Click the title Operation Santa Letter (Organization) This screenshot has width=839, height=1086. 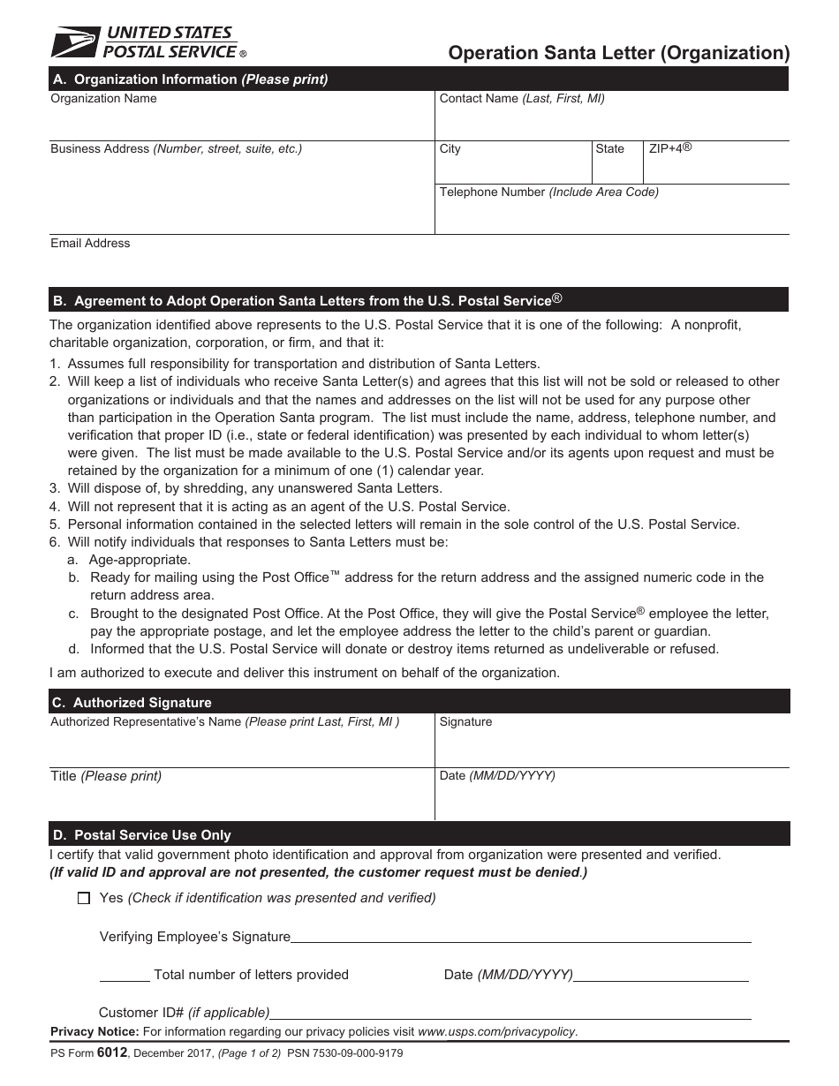pos(618,53)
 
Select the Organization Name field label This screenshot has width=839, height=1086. pos(103,99)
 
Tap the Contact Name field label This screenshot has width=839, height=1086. pos(522,99)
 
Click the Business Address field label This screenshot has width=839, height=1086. pos(176,149)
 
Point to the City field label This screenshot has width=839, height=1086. pos(450,149)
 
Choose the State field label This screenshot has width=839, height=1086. pos(609,149)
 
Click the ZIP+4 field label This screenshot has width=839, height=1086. pos(669,148)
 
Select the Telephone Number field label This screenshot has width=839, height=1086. pos(548,192)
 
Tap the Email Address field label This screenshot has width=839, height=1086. pos(90,244)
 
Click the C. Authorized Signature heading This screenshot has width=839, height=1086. pos(132,703)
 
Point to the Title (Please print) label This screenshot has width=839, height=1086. pos(106,777)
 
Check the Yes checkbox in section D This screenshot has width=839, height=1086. pos(84,899)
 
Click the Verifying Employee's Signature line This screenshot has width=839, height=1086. pos(521,938)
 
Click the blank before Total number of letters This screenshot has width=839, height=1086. pos(125,977)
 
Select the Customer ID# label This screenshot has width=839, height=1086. pos(184,1013)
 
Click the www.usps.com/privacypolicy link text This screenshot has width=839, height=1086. pos(496,1031)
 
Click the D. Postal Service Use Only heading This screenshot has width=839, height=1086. pos(141,835)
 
